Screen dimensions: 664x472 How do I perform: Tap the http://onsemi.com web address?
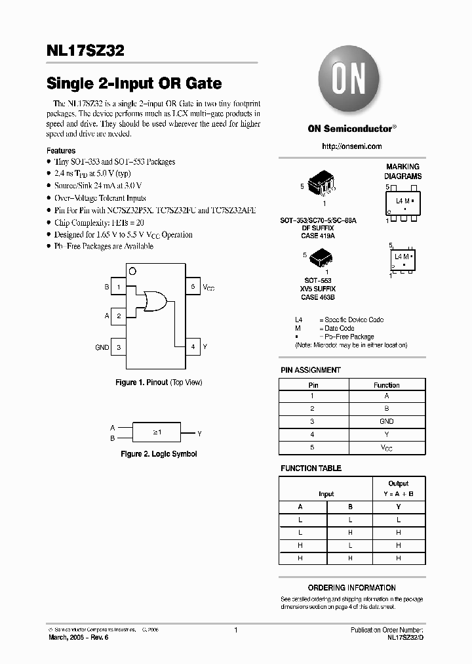[x=352, y=146]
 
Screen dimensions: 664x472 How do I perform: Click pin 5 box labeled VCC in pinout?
[x=193, y=287]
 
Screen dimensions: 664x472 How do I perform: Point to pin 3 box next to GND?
[x=119, y=347]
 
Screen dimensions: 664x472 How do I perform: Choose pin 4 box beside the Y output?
[x=193, y=347]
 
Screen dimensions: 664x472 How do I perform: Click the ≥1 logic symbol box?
[x=157, y=433]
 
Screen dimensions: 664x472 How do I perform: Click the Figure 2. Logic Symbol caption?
[x=159, y=454]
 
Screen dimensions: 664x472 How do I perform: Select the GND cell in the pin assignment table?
[x=386, y=421]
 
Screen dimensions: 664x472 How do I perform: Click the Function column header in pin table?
[x=386, y=385]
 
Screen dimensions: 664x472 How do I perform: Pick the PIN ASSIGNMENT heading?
[x=311, y=370]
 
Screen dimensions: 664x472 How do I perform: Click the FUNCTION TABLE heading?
[x=311, y=468]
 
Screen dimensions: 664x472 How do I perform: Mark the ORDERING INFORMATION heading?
[x=352, y=588]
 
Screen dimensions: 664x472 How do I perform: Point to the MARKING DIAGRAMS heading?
[x=403, y=172]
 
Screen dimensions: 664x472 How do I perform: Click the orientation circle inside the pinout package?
[x=132, y=271]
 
